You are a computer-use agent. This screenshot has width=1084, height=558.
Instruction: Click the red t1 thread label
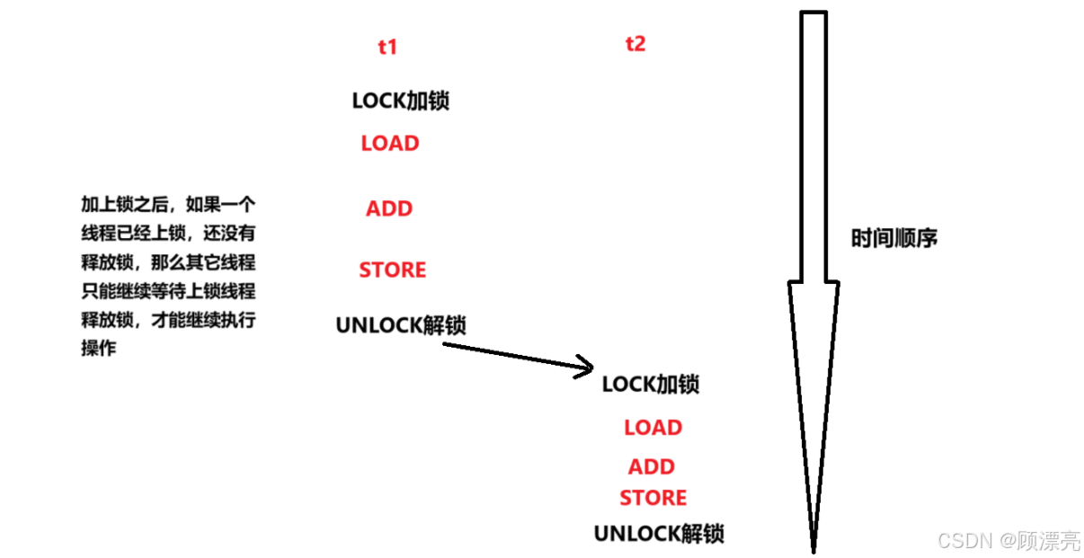click(387, 48)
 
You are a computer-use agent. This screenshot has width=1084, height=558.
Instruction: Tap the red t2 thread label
click(635, 43)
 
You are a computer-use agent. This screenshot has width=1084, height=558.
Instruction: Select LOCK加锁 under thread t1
click(400, 101)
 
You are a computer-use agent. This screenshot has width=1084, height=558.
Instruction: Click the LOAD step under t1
click(390, 144)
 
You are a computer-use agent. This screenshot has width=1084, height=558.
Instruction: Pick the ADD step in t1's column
click(389, 209)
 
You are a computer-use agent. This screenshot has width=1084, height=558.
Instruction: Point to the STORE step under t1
click(393, 270)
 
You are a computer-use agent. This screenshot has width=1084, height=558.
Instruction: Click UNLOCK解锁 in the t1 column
click(401, 325)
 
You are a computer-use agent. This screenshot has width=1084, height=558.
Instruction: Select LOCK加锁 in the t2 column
click(651, 385)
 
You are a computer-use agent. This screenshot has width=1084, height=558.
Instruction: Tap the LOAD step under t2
click(653, 429)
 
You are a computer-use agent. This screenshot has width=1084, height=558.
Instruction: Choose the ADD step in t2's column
click(652, 467)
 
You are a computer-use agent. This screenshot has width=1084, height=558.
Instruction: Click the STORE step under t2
click(653, 498)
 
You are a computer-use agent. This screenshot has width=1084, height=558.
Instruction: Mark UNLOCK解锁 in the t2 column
click(659, 534)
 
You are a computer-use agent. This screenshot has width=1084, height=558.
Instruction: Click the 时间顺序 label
click(894, 239)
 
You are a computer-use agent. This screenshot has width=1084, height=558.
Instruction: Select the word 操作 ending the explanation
click(99, 349)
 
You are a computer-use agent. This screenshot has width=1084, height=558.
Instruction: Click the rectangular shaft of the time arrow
click(813, 144)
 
